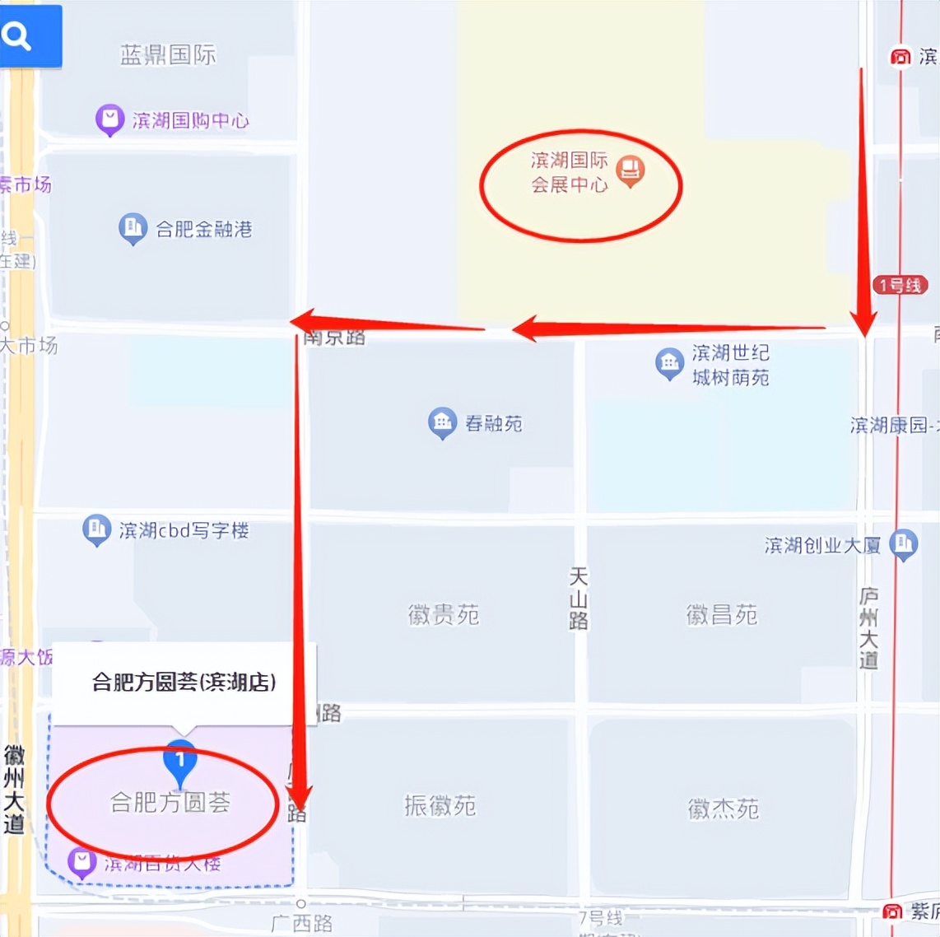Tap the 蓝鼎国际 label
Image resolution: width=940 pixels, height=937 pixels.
pyautogui.click(x=168, y=55)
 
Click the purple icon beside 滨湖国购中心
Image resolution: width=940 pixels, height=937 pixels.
pyautogui.click(x=109, y=119)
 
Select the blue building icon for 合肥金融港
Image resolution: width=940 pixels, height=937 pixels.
pyautogui.click(x=133, y=228)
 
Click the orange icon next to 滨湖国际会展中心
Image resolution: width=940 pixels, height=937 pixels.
pyautogui.click(x=631, y=170)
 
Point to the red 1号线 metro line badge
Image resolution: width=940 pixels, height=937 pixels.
pyautogui.click(x=900, y=285)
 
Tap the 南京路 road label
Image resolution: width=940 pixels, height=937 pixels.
pyautogui.click(x=334, y=337)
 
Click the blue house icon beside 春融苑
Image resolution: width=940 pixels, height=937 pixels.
pyautogui.click(x=442, y=422)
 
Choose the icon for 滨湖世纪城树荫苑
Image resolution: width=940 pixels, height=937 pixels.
pyautogui.click(x=669, y=363)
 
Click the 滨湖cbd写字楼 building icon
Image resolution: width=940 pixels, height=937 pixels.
pyautogui.click(x=96, y=529)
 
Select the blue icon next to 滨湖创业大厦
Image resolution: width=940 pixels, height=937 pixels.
pyautogui.click(x=904, y=543)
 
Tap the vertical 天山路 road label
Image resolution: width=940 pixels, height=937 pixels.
pyautogui.click(x=579, y=599)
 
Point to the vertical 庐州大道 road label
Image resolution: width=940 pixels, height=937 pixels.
pyautogui.click(x=868, y=627)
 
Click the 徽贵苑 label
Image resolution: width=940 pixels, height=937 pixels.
pyautogui.click(x=444, y=614)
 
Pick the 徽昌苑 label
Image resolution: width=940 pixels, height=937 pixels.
pyautogui.click(x=722, y=614)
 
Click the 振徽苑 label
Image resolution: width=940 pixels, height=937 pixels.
pyautogui.click(x=440, y=805)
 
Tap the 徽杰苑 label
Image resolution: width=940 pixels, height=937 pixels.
pyautogui.click(x=724, y=809)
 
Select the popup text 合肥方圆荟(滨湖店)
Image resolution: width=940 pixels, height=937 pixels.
pyautogui.click(x=184, y=682)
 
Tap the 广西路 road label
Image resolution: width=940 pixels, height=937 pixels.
pyautogui.click(x=302, y=923)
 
